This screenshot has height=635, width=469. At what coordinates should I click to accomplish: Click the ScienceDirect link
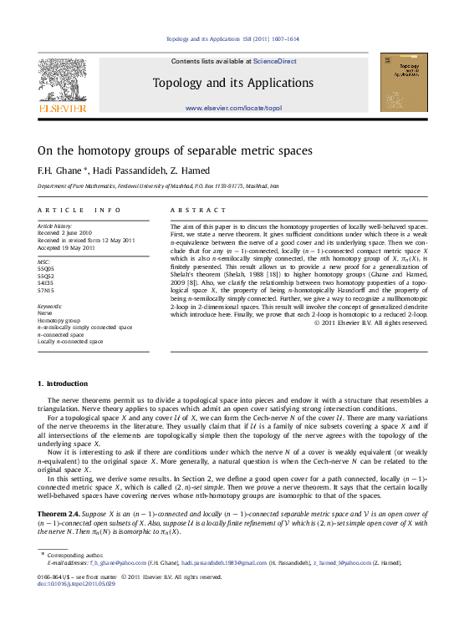pos(275,61)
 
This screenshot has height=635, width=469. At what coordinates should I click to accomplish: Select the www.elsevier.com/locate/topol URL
pos(234,109)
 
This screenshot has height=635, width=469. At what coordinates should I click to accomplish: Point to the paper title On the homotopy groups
pos(175,151)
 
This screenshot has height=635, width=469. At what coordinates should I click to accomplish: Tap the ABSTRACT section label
pos(198,210)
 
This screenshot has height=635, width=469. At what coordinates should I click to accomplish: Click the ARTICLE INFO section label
pos(74,210)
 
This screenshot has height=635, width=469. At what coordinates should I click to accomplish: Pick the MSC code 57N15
pos(45,290)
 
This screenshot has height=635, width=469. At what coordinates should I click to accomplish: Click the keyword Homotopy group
pos(56,321)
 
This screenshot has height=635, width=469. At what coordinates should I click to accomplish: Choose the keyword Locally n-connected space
pos(71,341)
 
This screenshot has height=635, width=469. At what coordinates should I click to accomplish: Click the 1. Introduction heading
pos(63,384)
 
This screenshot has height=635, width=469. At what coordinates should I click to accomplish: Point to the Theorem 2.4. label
pos(63,511)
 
